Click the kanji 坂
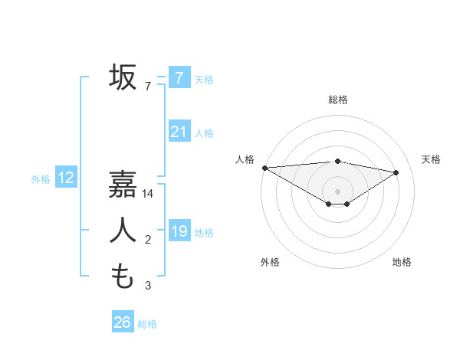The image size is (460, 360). (123, 77)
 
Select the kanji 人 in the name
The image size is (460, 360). (123, 230)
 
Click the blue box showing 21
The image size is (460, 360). (179, 132)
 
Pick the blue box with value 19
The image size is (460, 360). (179, 231)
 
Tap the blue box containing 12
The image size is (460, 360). (66, 178)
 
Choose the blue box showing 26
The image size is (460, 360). (122, 322)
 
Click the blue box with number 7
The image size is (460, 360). (179, 77)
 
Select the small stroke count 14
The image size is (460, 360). (149, 194)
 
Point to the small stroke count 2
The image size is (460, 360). (148, 241)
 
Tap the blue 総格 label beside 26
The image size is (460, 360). (147, 324)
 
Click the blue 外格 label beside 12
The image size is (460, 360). (41, 180)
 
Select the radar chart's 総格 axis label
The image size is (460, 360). (338, 100)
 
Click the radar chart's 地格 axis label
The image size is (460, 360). (402, 262)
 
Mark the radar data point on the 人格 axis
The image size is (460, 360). (264, 168)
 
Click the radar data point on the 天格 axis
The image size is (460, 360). (396, 172)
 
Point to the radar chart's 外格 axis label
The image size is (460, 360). (270, 262)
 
